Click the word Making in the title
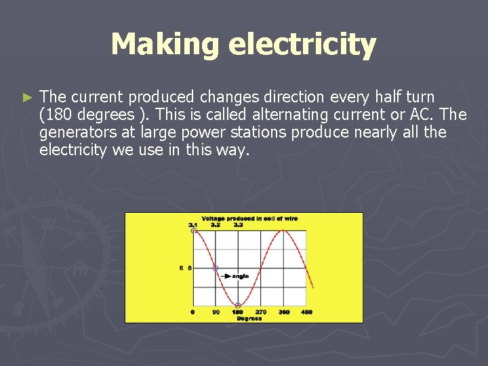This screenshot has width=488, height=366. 165,45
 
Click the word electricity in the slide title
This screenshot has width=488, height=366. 302,45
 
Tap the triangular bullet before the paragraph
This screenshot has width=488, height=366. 27,98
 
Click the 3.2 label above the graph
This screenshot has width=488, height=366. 216,224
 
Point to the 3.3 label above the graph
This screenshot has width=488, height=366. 238,224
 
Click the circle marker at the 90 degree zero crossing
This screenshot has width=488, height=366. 216,268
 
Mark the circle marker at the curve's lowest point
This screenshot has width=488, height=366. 238,305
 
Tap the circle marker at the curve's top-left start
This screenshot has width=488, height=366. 193,231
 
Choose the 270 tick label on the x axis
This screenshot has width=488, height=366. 261,312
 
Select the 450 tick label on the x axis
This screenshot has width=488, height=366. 306,312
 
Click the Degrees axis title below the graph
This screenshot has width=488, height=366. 249,319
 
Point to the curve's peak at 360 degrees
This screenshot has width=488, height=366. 283,231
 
